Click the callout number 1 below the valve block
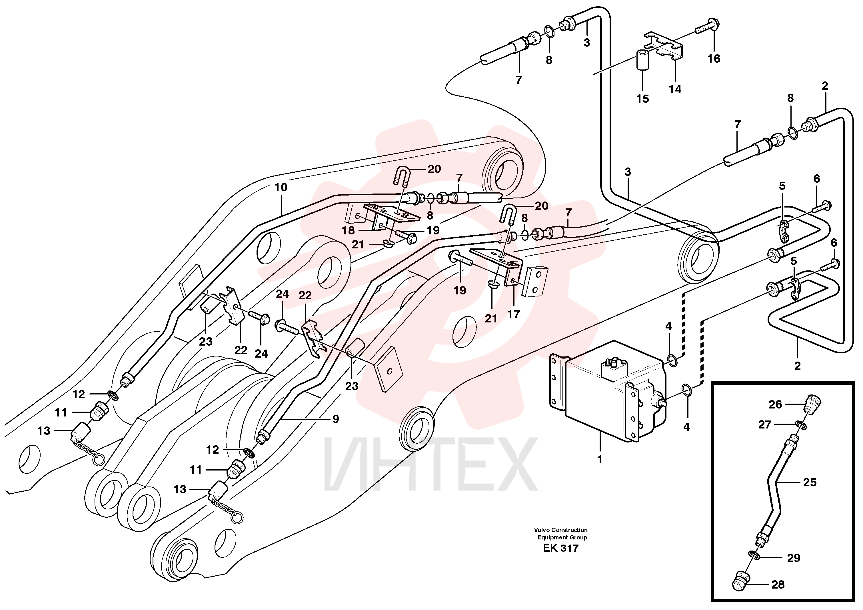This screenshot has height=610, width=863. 600,460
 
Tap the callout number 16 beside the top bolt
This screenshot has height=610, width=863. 714,58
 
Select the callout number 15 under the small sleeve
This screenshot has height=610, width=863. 642,99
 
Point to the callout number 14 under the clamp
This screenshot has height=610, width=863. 675,89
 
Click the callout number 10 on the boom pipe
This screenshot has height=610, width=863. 281,187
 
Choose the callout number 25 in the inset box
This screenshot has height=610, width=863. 810,482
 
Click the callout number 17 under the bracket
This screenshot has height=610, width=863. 513,314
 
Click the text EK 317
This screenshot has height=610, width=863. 561,548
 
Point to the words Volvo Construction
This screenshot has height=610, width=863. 561,530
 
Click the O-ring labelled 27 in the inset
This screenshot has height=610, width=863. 800,425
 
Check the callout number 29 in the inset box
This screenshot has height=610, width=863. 794,558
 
